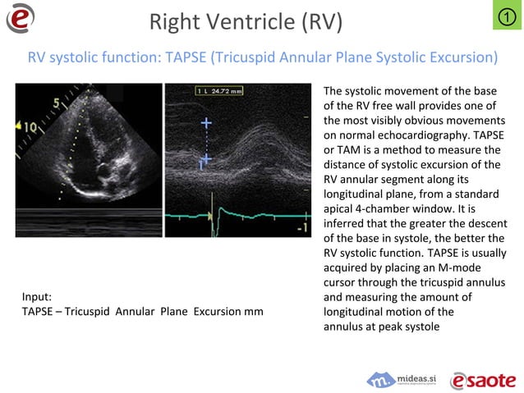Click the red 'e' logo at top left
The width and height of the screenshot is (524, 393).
(20, 18)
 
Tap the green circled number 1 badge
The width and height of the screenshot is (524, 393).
(507, 16)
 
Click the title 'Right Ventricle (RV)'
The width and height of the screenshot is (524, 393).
(246, 22)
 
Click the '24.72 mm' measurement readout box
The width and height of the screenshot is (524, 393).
(220, 90)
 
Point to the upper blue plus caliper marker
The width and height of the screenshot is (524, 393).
(205, 123)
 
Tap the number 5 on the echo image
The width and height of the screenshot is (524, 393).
(54, 104)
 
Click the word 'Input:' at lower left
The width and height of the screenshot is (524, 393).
(37, 296)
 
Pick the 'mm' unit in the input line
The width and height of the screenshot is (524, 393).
(254, 311)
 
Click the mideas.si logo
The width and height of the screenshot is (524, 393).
(402, 380)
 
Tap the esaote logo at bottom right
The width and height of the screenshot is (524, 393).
(483, 379)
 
